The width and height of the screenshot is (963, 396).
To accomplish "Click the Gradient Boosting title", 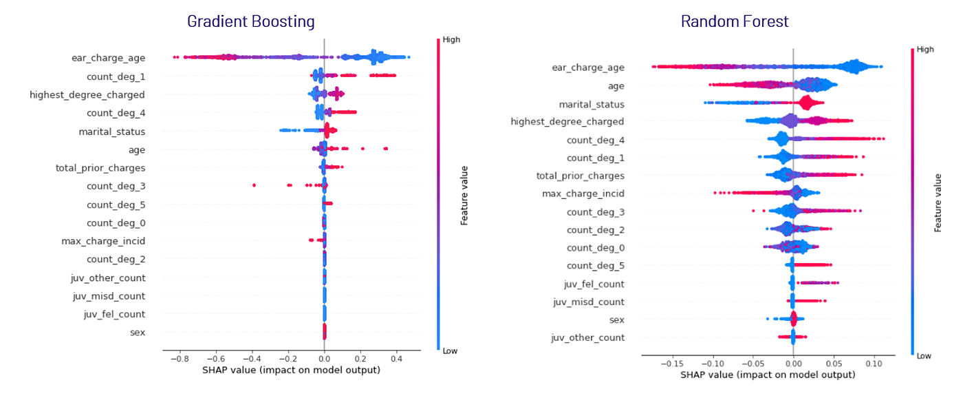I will click(x=251, y=21).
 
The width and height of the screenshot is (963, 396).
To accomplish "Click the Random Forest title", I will click(x=735, y=21).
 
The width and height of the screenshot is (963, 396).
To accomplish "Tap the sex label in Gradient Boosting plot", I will click(x=138, y=333).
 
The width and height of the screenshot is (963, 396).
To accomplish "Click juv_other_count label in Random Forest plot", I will click(x=589, y=337).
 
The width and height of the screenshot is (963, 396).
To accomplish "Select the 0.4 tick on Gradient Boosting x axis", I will click(x=396, y=359).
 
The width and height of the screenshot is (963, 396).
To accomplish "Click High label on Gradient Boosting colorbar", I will click(x=451, y=40).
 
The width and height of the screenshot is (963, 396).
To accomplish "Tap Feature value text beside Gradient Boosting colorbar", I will click(x=464, y=195).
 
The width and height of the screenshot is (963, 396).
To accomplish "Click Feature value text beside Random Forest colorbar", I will click(x=938, y=202).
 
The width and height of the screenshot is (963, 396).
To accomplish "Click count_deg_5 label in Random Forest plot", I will click(x=596, y=265).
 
